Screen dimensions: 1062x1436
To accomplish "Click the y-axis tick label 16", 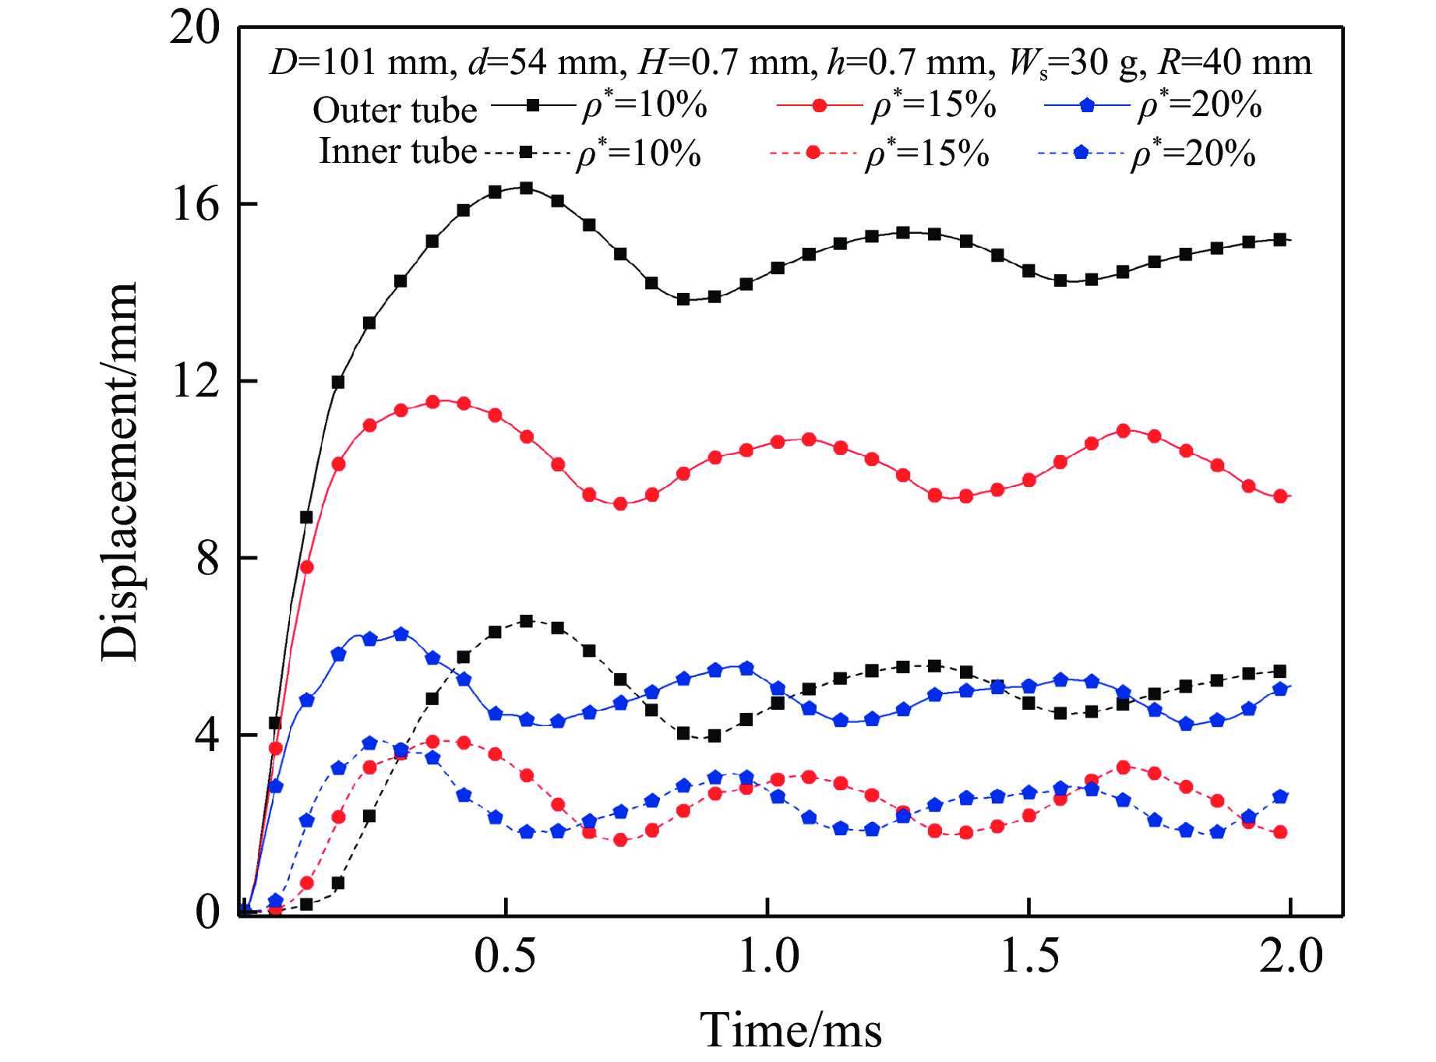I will (x=196, y=205).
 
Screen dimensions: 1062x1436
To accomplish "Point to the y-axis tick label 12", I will (x=196, y=382).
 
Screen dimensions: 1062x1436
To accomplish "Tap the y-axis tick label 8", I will (x=207, y=559).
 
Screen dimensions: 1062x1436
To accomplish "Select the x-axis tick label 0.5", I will (x=506, y=955).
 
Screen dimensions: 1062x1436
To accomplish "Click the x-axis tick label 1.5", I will (x=1029, y=955).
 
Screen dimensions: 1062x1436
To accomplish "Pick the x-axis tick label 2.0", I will (x=1291, y=955).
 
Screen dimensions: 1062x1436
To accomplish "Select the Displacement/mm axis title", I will (x=119, y=472).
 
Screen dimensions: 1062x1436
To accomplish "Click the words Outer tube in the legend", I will (x=394, y=111).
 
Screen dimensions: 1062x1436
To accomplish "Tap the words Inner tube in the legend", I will (x=397, y=151).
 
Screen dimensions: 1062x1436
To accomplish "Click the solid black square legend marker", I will (x=533, y=104).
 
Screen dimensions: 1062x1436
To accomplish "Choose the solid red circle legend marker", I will (x=820, y=105).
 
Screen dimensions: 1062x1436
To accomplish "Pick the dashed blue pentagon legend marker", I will (x=1081, y=152).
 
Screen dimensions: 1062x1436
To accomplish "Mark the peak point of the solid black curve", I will (x=526, y=188).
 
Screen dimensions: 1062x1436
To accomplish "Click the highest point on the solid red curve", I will (x=432, y=402).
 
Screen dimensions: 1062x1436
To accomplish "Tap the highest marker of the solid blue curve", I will (x=400, y=634).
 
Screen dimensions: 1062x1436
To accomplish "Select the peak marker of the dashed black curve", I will (x=526, y=621).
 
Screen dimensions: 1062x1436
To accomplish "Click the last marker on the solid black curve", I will (x=1279, y=239).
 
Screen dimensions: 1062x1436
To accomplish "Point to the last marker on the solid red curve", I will (x=1279, y=496).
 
